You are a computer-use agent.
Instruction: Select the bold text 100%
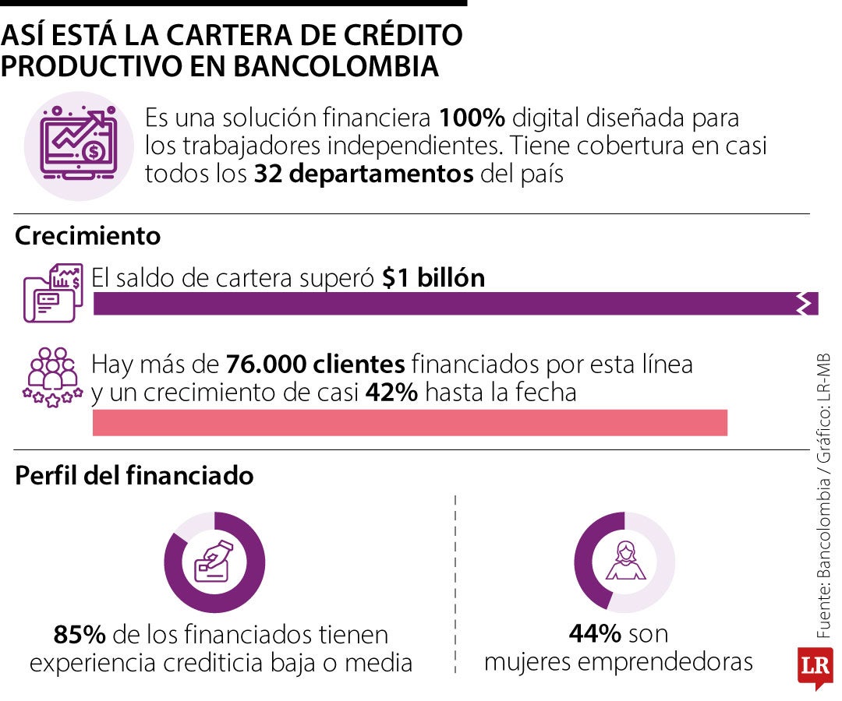click(x=472, y=118)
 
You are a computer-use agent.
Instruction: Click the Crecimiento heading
click(x=87, y=235)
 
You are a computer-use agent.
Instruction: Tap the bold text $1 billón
click(x=433, y=277)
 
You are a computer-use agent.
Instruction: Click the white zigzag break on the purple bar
click(x=803, y=304)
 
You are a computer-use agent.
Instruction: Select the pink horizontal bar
click(x=409, y=422)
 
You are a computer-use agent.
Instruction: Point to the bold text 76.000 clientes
click(x=315, y=364)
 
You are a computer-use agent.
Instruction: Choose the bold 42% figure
click(x=391, y=393)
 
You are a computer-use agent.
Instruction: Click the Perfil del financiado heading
click(x=134, y=475)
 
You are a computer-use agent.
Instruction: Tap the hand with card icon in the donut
click(x=214, y=562)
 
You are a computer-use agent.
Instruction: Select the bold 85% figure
click(x=80, y=635)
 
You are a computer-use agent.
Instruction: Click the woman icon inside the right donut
click(x=625, y=562)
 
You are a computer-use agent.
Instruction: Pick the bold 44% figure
click(x=595, y=633)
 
